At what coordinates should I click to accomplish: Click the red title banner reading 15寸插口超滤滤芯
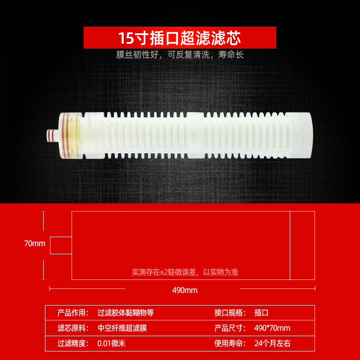[x=180, y=37]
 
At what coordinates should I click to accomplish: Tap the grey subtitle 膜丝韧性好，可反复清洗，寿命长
[x=180, y=54]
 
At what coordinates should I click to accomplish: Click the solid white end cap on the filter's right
[x=299, y=135]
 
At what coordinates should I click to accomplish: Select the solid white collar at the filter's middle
[x=196, y=135]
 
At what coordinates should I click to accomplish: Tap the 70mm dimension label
[x=35, y=243]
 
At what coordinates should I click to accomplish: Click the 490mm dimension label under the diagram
[x=185, y=290]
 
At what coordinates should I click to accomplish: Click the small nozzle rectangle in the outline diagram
[x=61, y=245]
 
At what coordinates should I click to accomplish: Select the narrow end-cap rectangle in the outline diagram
[x=302, y=245]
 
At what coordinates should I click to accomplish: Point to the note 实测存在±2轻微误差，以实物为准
[x=185, y=272]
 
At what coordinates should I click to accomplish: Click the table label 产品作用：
[x=73, y=313]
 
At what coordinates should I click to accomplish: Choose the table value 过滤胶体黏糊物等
[x=126, y=313]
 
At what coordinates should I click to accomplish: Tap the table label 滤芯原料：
[x=73, y=328]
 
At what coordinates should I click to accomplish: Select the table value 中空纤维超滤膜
[x=122, y=328]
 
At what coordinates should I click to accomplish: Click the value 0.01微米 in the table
[x=111, y=343]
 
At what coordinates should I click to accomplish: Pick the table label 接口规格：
[x=230, y=313]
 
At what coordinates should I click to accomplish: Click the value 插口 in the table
[x=261, y=313]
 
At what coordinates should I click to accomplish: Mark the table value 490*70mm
[x=272, y=328]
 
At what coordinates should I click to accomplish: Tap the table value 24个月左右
[x=273, y=343]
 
